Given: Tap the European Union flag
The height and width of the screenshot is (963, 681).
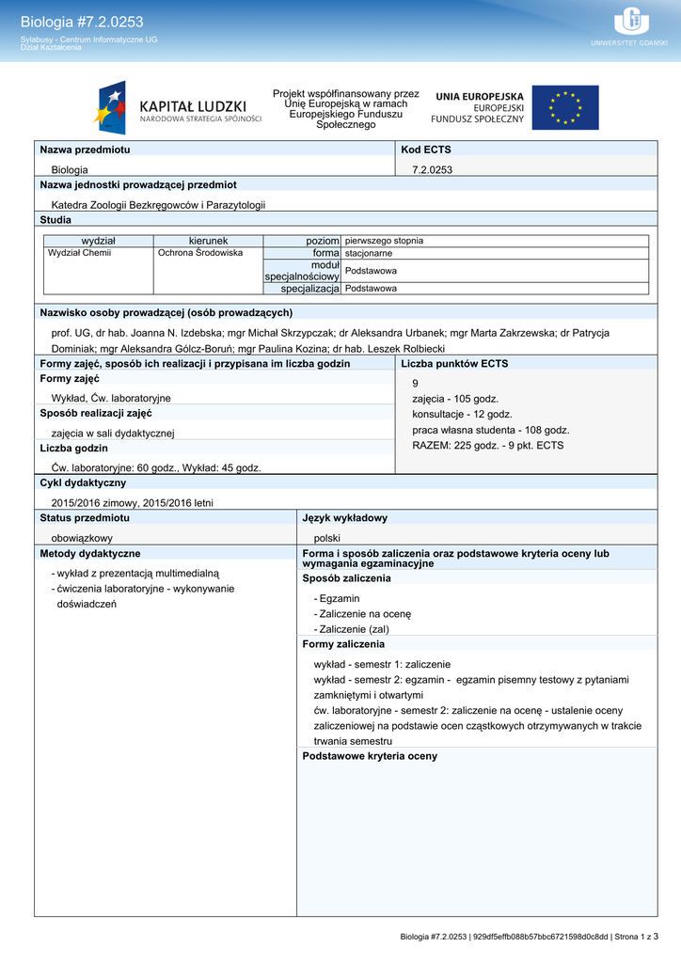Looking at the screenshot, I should (x=564, y=108).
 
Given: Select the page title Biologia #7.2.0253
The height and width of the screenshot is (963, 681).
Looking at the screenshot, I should (x=82, y=22).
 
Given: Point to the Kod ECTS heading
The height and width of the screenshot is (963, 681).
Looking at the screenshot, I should (x=426, y=150).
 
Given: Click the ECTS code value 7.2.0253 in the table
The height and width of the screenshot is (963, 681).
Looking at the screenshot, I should (x=433, y=170).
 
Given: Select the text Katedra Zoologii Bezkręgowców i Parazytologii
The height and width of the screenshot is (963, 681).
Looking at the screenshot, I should (x=158, y=204).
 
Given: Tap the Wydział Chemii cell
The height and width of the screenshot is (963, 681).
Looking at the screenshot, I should (x=80, y=253).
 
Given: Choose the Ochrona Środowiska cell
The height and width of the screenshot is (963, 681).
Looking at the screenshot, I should (x=200, y=253).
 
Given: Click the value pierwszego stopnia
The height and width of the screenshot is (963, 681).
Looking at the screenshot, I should (x=384, y=241).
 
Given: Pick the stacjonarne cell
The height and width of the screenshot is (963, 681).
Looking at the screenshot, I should (x=369, y=253).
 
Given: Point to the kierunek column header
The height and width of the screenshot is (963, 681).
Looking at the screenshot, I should (x=208, y=241).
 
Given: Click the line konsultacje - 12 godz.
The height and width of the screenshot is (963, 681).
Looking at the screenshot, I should (x=462, y=414).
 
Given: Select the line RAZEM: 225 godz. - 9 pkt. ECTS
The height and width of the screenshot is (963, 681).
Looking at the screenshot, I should (x=487, y=445).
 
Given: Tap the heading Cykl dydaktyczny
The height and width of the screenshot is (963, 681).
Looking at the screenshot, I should (x=83, y=482).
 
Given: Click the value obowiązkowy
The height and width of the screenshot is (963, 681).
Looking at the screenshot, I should (x=82, y=538).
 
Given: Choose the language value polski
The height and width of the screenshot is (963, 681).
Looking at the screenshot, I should (x=327, y=538).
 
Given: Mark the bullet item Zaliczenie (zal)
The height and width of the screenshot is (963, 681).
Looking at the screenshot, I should (x=354, y=629).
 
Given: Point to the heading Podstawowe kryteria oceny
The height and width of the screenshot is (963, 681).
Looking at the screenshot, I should (x=370, y=756).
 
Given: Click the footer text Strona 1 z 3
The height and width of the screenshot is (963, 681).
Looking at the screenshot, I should (x=635, y=937).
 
